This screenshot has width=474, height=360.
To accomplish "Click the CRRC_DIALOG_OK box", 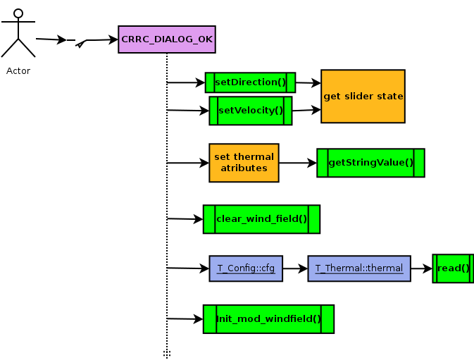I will (x=167, y=39).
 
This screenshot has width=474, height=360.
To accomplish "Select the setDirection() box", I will (x=250, y=82).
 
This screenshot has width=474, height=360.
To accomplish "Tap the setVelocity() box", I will (x=250, y=111).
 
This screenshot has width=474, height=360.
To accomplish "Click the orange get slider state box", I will (x=363, y=96).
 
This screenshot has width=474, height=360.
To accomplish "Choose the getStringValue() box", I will (x=370, y=163).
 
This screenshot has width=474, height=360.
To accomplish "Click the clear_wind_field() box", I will (x=261, y=219).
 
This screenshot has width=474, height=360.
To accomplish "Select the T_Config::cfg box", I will (x=246, y=268).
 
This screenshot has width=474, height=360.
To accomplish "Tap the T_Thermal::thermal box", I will (x=359, y=268).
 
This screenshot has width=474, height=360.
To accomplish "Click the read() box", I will (x=453, y=268).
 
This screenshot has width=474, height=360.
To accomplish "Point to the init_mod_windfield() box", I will (x=268, y=319).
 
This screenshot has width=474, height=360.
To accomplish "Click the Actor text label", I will (x=18, y=70).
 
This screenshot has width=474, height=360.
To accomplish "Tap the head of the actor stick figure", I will (x=18, y=13).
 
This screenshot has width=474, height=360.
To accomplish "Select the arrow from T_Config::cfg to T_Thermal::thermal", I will (x=295, y=268).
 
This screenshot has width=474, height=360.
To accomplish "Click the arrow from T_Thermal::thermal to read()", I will (x=421, y=268).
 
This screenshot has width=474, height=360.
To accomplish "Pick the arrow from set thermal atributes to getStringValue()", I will (x=298, y=163).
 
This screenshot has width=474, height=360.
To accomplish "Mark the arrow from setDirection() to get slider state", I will (x=308, y=83).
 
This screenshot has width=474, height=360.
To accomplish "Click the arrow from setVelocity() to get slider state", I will (x=306, y=110).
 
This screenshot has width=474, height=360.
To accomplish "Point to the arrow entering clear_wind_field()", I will (x=185, y=219).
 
